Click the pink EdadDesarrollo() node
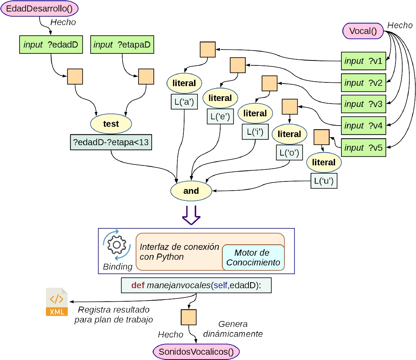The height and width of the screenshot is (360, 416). (x=39, y=9)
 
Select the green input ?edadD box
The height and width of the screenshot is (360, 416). (x=51, y=45)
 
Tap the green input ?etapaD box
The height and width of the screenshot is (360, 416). (x=122, y=45)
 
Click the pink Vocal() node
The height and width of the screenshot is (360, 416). (x=363, y=31)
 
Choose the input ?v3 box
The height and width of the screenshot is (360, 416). (x=363, y=104)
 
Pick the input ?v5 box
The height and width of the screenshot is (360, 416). (x=363, y=147)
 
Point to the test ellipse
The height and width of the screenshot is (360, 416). (x=111, y=124)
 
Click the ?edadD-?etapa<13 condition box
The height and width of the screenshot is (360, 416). (x=111, y=143)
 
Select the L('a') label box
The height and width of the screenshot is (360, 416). (x=184, y=102)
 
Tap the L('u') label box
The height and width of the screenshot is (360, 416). (x=324, y=181)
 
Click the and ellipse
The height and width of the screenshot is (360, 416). (x=191, y=191)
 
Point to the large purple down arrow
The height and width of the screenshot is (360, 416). (x=191, y=215)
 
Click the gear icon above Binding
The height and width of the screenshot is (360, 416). (x=117, y=245)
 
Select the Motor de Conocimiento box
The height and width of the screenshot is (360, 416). (x=253, y=257)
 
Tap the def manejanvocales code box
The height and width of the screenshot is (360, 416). (x=196, y=285)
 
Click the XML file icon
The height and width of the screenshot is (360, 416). (x=57, y=302)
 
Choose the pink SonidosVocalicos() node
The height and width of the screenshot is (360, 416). (x=196, y=352)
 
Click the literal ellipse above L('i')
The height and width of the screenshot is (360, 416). (x=255, y=113)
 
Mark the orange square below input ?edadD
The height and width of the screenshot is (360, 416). (x=75, y=76)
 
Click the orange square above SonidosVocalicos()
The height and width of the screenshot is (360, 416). (x=188, y=317)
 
